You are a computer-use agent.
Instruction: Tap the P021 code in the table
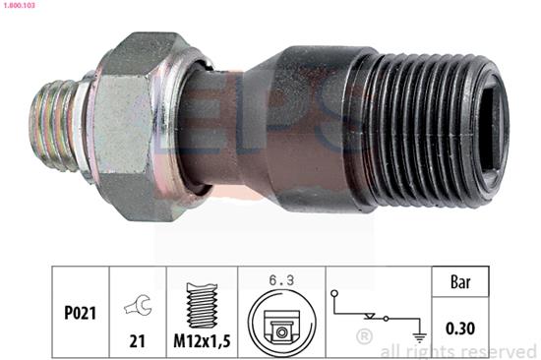[x=80, y=313]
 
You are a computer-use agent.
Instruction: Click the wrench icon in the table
[x=138, y=305]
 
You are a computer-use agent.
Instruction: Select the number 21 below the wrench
[x=137, y=341]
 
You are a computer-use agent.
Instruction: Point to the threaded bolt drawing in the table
[x=202, y=306]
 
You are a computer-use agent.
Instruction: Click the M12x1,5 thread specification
[x=202, y=341]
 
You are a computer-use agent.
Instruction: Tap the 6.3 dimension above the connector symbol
[x=281, y=280]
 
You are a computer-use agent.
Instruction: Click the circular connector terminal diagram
[x=281, y=323]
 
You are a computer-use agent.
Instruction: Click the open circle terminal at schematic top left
[x=334, y=294]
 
